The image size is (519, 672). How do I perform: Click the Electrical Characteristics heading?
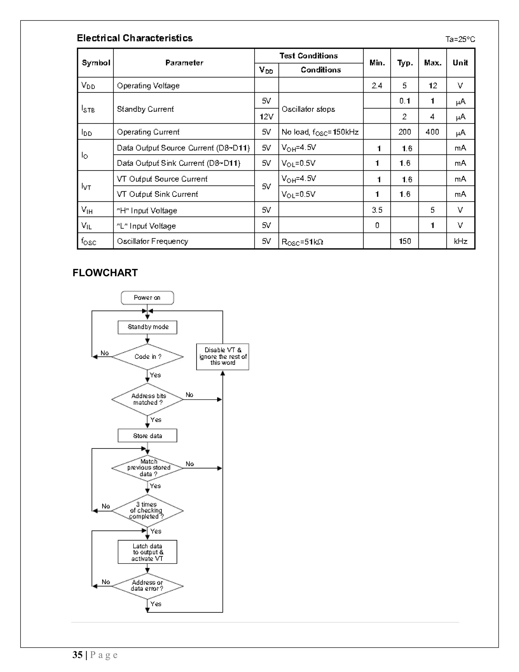(135, 38)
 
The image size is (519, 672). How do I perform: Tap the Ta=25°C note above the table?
(460, 39)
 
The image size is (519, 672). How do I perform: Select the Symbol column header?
(96, 63)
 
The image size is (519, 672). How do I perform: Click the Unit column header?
(460, 63)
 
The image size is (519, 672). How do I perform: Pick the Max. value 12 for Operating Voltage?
(433, 85)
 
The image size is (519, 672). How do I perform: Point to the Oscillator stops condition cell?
(308, 109)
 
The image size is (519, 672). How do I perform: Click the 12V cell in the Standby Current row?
(266, 117)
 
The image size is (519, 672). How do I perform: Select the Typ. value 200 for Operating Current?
(404, 132)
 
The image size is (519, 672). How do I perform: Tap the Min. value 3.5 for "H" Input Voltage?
(377, 210)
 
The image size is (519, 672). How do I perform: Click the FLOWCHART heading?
(105, 273)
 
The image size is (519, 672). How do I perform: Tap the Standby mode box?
(147, 327)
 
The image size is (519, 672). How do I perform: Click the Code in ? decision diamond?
(147, 357)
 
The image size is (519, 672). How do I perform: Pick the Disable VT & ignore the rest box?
(223, 357)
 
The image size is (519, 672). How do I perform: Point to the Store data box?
(147, 436)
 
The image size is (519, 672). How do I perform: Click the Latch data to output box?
(147, 552)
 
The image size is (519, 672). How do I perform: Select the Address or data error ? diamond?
(147, 586)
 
